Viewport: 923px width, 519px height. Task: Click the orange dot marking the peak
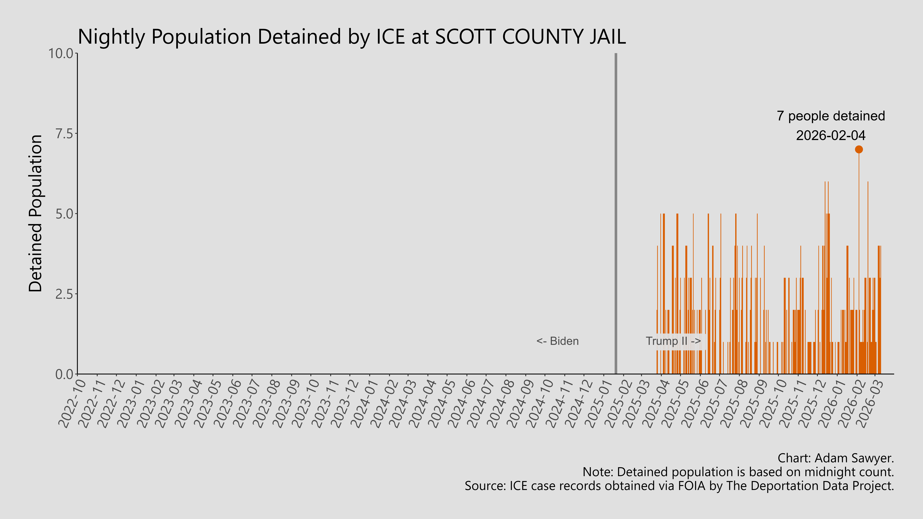[858, 149]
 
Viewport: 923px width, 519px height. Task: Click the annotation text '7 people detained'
[831, 116]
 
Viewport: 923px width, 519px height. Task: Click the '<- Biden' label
[557, 341]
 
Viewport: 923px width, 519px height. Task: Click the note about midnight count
[738, 472]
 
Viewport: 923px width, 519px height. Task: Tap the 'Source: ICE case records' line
[679, 486]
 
